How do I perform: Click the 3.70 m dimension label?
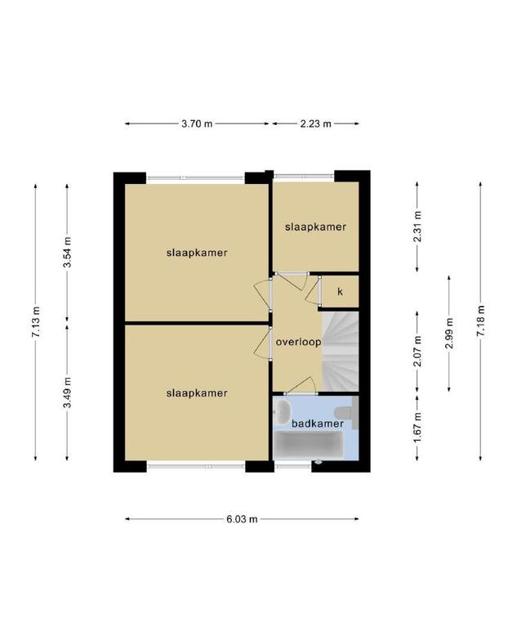pos(197,123)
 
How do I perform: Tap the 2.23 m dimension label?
pos(316,123)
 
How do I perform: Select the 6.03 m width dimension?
pos(242,519)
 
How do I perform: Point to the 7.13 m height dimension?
pos(36,321)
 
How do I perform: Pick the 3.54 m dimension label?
pos(67,253)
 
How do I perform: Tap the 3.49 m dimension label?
pos(67,392)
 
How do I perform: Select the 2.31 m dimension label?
pos(417,227)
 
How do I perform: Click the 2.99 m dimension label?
pos(449,334)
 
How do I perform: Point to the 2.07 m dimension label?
pos(417,352)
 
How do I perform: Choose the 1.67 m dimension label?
pos(417,428)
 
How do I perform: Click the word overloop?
pos(298,343)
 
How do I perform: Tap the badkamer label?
pos(318,424)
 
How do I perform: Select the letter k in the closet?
pos(340,292)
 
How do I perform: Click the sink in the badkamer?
pos(283,410)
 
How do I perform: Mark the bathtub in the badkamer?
pos(309,446)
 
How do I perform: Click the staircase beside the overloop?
pos(341,352)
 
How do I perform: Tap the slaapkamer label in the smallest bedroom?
pos(316,227)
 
